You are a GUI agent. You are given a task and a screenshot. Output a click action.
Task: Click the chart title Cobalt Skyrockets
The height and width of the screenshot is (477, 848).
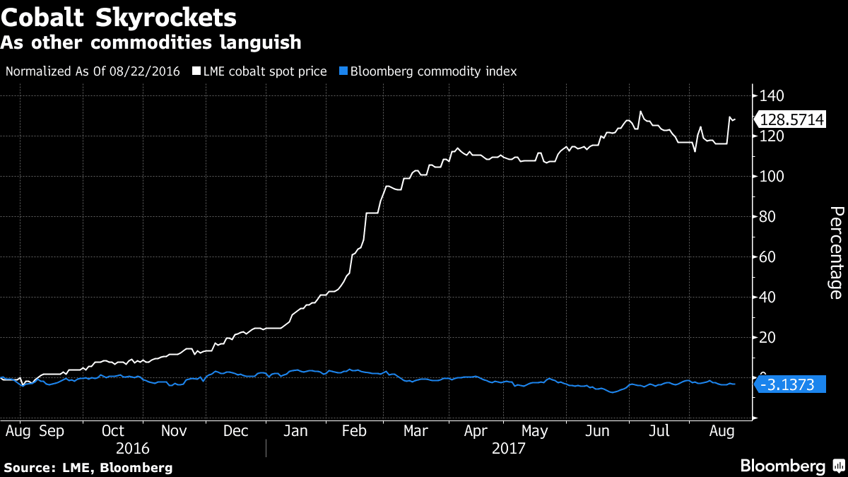pyautogui.click(x=119, y=16)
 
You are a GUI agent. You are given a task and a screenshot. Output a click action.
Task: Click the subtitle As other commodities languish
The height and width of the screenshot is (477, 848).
pyautogui.click(x=151, y=42)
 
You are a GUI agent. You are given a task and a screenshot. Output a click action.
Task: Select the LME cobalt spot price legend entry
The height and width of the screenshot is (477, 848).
pyautogui.click(x=260, y=71)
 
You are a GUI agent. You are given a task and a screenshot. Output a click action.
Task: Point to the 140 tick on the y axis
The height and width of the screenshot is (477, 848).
pyautogui.click(x=772, y=95)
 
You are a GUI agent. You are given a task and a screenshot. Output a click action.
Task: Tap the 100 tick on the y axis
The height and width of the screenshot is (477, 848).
pyautogui.click(x=772, y=176)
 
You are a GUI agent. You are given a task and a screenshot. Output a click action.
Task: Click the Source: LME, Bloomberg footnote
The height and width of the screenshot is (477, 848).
pyautogui.click(x=88, y=467)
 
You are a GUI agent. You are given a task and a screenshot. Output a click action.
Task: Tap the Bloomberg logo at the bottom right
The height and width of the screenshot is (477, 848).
pyautogui.click(x=791, y=466)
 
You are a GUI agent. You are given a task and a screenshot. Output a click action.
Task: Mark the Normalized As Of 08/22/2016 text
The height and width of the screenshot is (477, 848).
pyautogui.click(x=93, y=71)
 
